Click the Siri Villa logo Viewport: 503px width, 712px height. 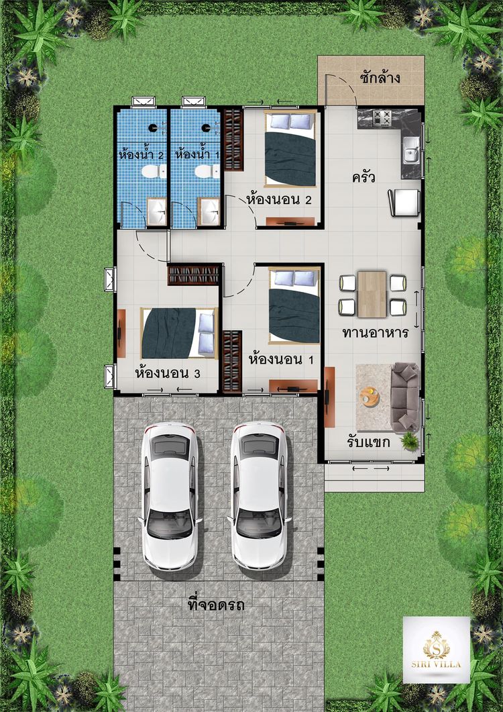click(x=437, y=650)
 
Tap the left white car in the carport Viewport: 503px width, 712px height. click(x=170, y=496)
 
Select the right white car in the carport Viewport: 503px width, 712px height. click(x=259, y=496)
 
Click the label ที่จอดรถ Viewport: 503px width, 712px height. click(x=216, y=605)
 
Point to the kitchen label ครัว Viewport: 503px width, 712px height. click(x=363, y=177)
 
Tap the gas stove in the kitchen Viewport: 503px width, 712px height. click(x=382, y=119)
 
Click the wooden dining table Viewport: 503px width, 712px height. click(x=372, y=294)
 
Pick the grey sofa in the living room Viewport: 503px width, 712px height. click(x=406, y=397)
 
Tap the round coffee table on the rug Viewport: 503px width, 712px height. click(x=369, y=397)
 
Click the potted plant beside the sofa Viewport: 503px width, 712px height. click(x=409, y=440)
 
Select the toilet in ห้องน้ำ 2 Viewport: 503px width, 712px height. click(x=150, y=172)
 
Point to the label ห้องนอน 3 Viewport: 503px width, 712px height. click(x=168, y=372)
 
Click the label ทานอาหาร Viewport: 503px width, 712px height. click(x=375, y=333)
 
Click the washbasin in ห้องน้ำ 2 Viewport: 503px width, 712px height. click(x=156, y=213)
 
